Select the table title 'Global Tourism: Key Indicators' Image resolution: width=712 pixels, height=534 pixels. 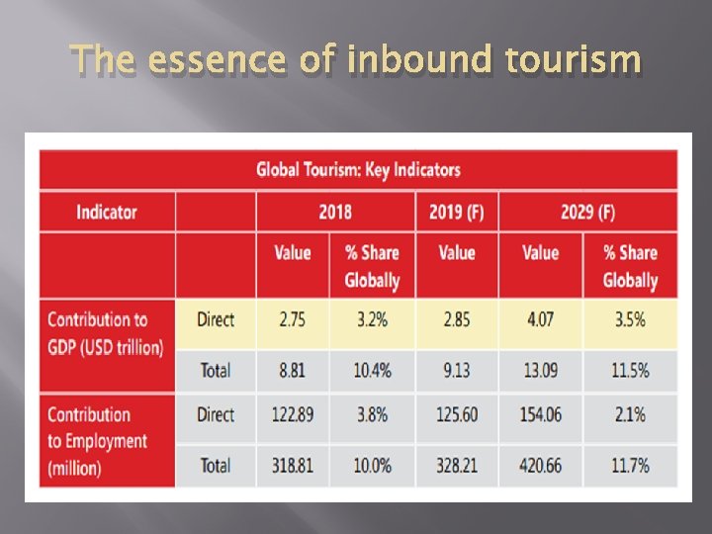click(358, 169)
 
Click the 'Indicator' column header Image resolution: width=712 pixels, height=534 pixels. click(107, 212)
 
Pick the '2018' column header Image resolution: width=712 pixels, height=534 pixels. click(334, 212)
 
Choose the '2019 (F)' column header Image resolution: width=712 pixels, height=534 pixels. click(456, 212)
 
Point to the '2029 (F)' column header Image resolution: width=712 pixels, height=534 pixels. click(587, 212)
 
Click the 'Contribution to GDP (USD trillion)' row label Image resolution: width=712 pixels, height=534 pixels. click(105, 333)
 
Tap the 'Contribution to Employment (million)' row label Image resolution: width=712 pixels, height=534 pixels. click(97, 441)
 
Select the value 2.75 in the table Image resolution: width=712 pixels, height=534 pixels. click(293, 319)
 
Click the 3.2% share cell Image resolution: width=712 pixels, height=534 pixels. click(372, 319)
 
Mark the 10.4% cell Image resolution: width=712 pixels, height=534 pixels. click(372, 370)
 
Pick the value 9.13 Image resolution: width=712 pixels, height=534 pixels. click(456, 370)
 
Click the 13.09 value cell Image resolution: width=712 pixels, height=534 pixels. click(540, 370)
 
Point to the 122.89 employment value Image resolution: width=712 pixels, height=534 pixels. click(293, 415)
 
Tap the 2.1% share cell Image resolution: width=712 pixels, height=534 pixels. click(630, 415)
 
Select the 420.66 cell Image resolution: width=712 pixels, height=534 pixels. click(540, 465)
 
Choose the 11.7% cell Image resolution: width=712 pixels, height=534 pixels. click(630, 465)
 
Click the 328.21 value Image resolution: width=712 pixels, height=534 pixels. click(456, 465)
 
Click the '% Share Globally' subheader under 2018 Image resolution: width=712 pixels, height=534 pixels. click(372, 267)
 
